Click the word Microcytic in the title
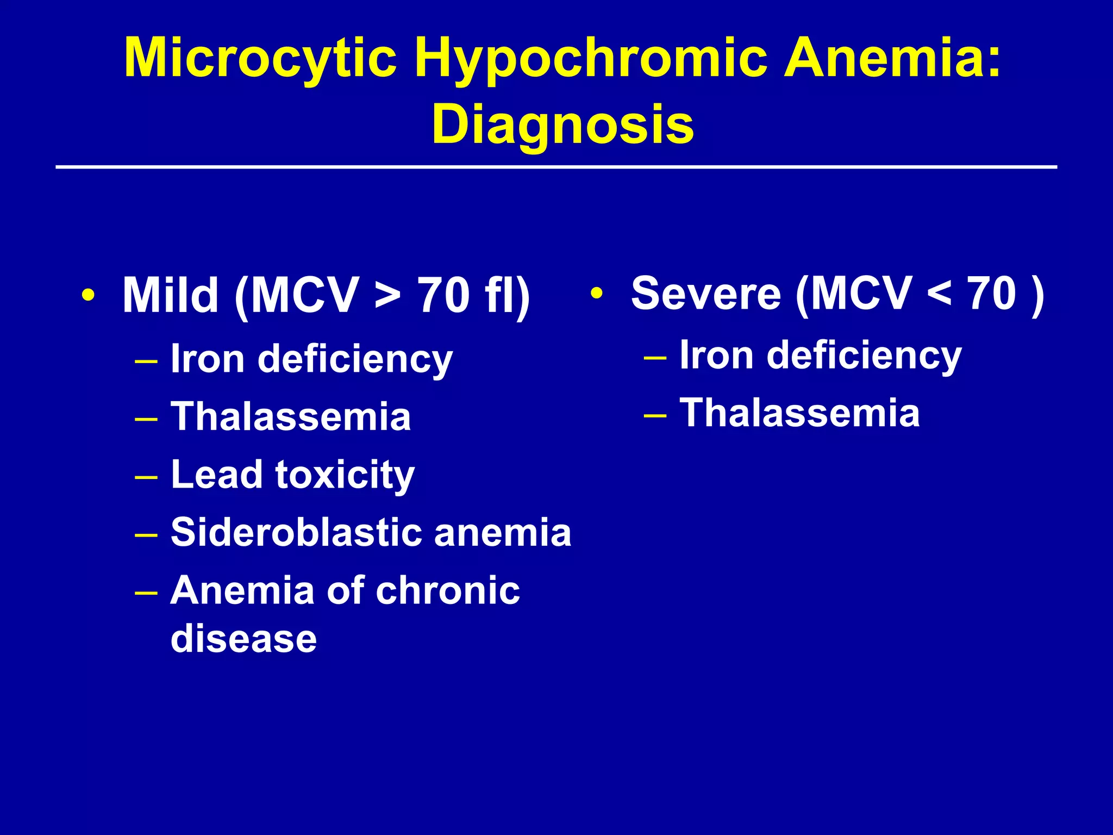coord(260,59)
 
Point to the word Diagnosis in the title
coord(562,124)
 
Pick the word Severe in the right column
coord(706,294)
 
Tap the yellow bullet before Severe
coord(597,294)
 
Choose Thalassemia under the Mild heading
coord(291,416)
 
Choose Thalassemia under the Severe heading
coord(799,413)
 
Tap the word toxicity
coord(345,475)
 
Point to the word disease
coord(243,638)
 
